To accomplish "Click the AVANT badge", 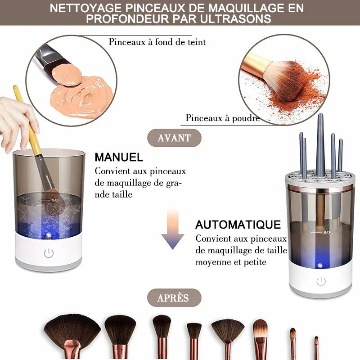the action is pos(174,138).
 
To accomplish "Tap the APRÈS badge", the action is pos(174,298).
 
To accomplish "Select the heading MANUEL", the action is pos(119,157).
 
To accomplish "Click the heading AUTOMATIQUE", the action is pos(238,225).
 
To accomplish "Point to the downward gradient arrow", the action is pos(173,229).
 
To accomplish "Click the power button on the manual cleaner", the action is pos(49,253).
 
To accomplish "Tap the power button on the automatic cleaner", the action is pos(321,282).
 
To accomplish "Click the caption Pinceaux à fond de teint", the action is pos(157,42).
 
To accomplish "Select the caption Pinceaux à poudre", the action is pos(223,118).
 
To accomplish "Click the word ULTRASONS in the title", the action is pos(235,19).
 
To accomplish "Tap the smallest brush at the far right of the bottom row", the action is pos(316,346).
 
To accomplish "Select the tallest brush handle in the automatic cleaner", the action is pos(320,144).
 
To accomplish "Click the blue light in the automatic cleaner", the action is pos(320,265).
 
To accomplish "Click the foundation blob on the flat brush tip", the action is pos(67,74).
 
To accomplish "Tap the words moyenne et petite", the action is pos(231,262).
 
